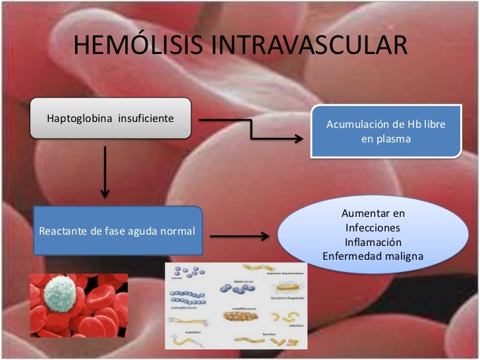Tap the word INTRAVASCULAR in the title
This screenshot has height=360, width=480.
click(310, 46)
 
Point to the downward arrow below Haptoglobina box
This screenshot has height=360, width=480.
click(104, 172)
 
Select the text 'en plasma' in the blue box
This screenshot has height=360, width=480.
click(386, 140)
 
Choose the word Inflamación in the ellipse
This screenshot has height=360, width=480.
click(373, 242)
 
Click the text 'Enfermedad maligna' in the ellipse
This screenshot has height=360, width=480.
click(373, 256)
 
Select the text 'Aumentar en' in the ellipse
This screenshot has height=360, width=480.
click(373, 214)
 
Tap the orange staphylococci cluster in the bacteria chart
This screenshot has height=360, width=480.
click(240, 316)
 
